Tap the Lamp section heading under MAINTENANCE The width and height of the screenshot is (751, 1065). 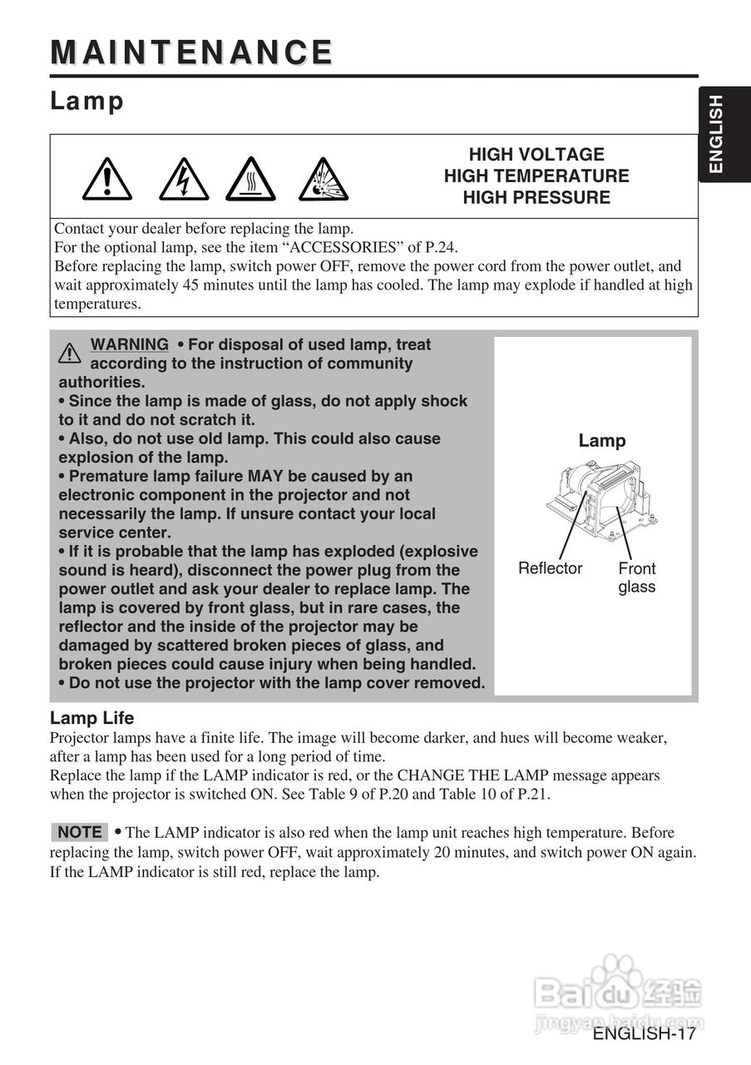86,102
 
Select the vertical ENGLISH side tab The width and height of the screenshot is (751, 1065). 715,134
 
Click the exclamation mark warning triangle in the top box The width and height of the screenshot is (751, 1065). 106,179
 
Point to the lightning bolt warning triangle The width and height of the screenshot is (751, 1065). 183,179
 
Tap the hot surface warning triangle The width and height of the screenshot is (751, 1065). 250,179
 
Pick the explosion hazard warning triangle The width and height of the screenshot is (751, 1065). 323,179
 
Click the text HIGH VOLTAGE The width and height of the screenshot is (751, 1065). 536,155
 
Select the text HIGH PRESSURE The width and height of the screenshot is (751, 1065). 536,198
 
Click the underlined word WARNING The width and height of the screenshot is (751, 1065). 129,344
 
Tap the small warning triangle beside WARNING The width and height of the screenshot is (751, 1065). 70,353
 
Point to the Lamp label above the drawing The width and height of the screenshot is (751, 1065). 602,441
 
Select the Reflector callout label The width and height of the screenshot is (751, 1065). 550,568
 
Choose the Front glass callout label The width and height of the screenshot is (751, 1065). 636,577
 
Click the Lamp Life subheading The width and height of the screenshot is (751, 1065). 91,718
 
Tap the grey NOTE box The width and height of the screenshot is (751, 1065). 80,832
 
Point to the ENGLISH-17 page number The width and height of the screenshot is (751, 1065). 644,1034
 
